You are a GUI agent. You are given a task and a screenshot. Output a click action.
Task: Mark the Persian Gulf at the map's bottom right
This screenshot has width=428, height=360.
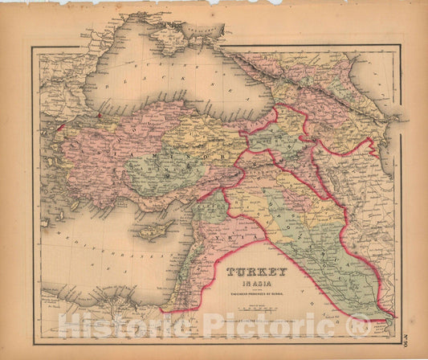pyautogui.click(x=384, y=313)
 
